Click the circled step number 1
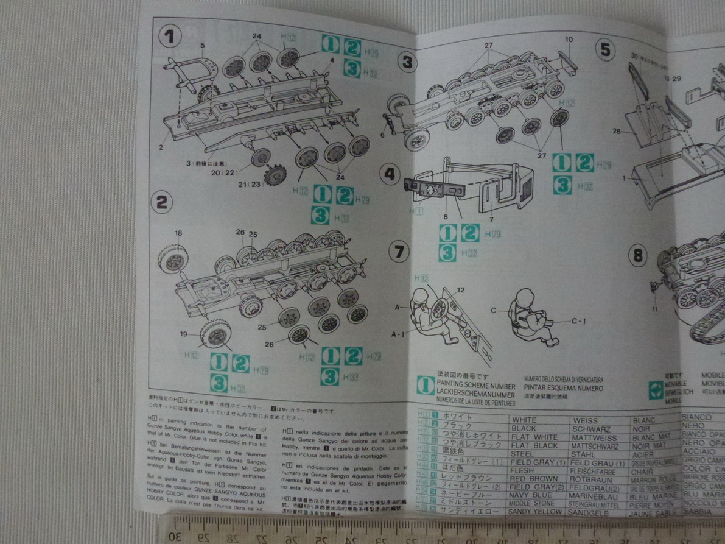pyautogui.click(x=170, y=37)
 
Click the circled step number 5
pyautogui.click(x=604, y=50)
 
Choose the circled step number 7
pyautogui.click(x=399, y=251)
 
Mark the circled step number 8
pyautogui.click(x=637, y=255)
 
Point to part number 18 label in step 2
pyautogui.click(x=178, y=233)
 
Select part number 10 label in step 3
pyautogui.click(x=569, y=40)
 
